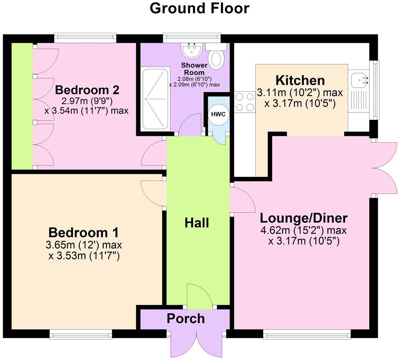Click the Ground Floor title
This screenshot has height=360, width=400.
(199, 8)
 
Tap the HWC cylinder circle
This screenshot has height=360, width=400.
(217, 114)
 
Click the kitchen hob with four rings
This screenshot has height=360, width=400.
(244, 102)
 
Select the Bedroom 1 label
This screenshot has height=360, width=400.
(84, 233)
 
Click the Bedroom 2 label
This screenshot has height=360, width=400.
(87, 90)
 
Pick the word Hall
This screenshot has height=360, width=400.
(197, 223)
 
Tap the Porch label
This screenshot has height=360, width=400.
(186, 318)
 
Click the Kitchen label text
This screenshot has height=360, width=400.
(300, 80)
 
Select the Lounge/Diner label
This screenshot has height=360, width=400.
(304, 218)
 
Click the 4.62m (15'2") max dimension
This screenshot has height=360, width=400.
(304, 230)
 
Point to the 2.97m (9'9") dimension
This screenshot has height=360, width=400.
(86, 101)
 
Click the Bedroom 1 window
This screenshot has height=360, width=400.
(81, 334)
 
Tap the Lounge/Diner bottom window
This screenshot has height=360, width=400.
(307, 334)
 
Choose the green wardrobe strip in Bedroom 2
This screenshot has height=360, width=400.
(22, 106)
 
